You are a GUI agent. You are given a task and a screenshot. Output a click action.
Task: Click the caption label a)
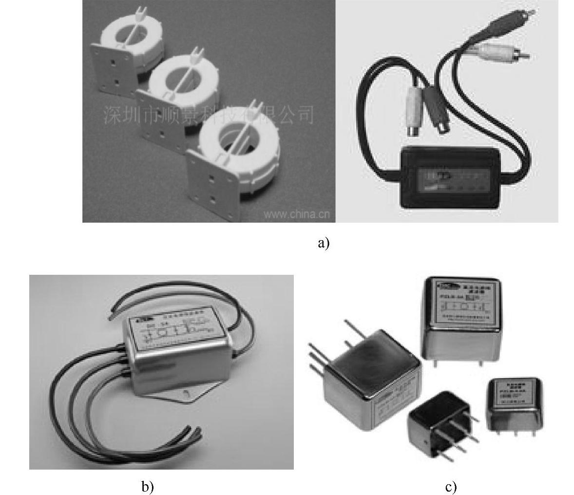point(324,243)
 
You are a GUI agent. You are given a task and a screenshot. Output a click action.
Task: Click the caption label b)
point(147,486)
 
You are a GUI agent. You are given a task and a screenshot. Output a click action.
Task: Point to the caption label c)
point(451,486)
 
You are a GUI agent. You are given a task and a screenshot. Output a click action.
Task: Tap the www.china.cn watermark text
point(297,213)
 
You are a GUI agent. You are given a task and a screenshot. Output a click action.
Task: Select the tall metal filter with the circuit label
point(461,317)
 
